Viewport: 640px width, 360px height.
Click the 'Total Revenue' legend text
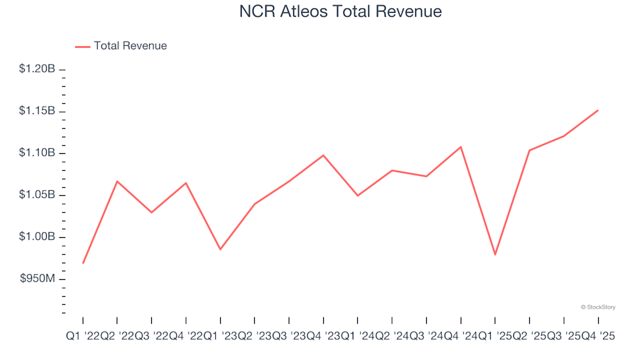(130, 46)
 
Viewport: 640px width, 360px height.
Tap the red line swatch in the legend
(82, 47)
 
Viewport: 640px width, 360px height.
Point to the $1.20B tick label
(37, 69)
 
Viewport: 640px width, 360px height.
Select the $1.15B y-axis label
(37, 111)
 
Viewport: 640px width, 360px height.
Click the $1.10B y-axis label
(37, 153)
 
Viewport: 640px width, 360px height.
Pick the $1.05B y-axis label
(37, 195)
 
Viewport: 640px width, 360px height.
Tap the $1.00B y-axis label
(37, 237)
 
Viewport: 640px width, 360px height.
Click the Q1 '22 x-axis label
(82, 337)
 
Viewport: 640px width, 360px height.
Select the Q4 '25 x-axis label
(597, 337)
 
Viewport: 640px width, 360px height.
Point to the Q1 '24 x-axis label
(357, 337)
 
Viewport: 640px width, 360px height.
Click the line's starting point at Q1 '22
(83, 263)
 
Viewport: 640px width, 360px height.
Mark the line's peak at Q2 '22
(117, 181)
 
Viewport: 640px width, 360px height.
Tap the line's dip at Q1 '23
(220, 249)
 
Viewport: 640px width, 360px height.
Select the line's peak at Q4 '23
(323, 155)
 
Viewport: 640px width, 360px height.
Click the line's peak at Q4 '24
(461, 147)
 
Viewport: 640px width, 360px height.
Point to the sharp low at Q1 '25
(495, 255)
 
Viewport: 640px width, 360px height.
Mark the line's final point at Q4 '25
(597, 110)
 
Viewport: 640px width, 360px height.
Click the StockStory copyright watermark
(598, 307)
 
